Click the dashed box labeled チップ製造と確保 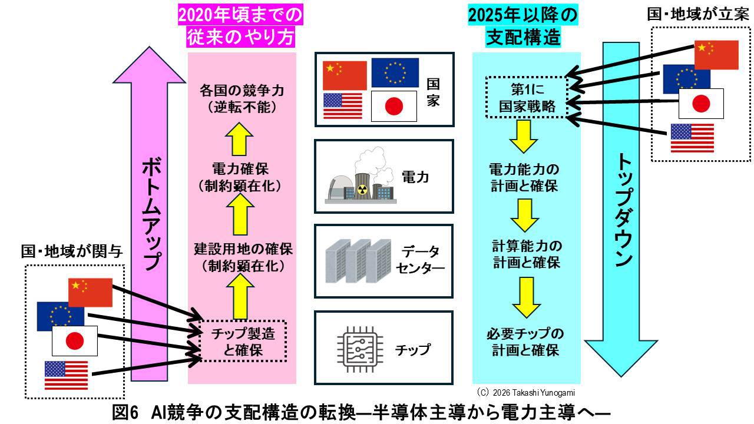point(242,342)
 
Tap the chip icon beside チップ point(359,349)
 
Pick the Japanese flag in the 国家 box point(395,107)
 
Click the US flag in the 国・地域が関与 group point(66,375)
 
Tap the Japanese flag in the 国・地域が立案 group point(700,104)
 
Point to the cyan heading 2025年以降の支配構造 point(523,26)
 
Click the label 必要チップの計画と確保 point(525,342)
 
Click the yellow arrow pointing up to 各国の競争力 point(241,137)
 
